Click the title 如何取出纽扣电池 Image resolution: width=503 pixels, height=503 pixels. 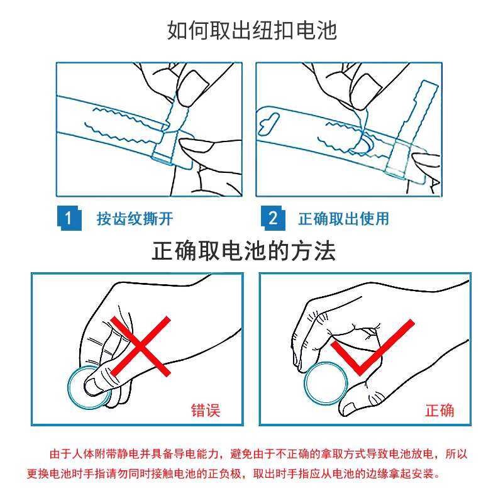pos(252,30)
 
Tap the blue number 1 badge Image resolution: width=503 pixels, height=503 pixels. pos(69,218)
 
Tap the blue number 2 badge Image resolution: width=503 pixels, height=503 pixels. pos(273,218)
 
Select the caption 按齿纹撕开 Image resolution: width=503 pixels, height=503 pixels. pos(135,219)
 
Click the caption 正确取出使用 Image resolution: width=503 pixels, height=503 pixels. pos(343,219)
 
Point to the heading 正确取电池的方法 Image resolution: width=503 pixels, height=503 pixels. pos(244,250)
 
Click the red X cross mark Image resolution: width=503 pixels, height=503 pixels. pos(140,346)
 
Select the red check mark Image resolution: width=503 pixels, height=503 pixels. pos(372,348)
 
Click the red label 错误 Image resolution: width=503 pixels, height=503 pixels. pos(206,411)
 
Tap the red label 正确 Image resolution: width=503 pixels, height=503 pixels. pos(439,411)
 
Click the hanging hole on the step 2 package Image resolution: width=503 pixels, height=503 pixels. pos(269,123)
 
